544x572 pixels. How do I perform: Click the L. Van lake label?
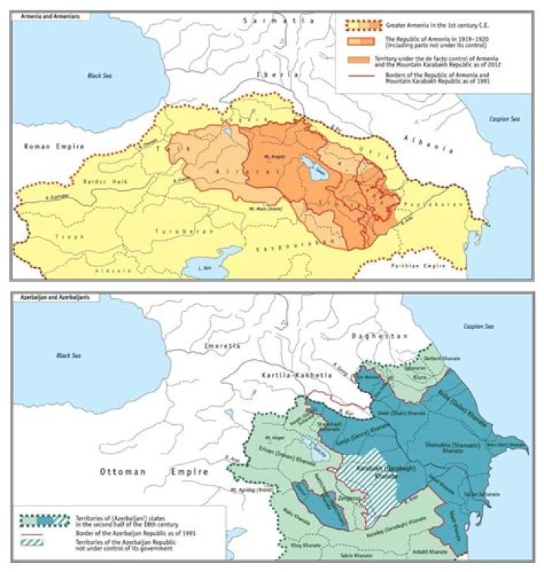pyautogui.click(x=201, y=268)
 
